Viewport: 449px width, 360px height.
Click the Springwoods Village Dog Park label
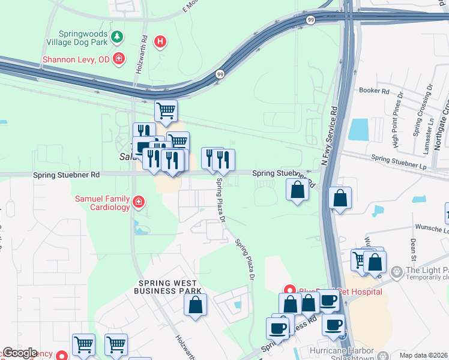click(x=84, y=40)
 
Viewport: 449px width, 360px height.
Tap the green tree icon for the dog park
click(x=118, y=37)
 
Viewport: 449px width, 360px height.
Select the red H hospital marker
click(x=160, y=42)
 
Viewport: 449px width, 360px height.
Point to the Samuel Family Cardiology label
click(x=101, y=203)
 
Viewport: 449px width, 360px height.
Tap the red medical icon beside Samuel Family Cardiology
click(x=139, y=202)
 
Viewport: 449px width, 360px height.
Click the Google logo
click(x=20, y=353)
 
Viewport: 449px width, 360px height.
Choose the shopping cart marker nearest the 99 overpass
click(x=166, y=110)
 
